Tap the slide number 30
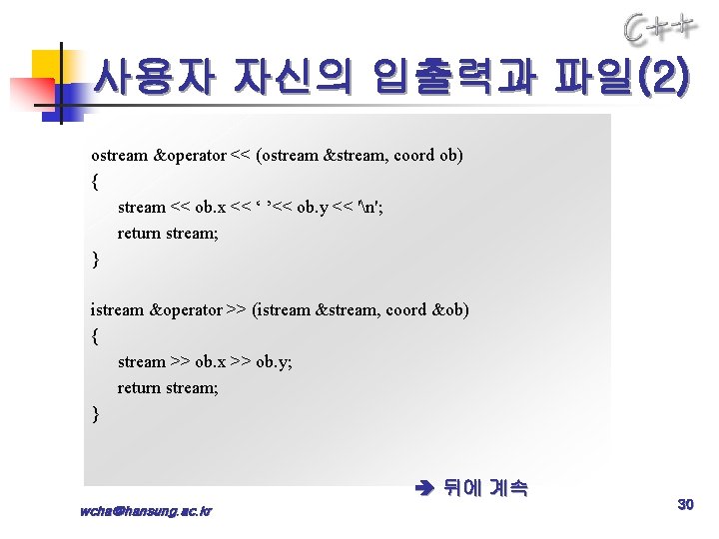coord(685,505)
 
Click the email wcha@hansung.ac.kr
coord(146,511)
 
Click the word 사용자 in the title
coord(152,77)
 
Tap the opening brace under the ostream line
coord(95,182)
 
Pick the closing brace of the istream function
coord(95,413)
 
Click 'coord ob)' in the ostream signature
coord(428,156)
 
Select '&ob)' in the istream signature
coord(450,310)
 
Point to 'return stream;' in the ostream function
coord(167,234)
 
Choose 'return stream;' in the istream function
coord(167,388)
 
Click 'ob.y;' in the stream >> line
coord(274,362)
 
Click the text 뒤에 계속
coord(485,489)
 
